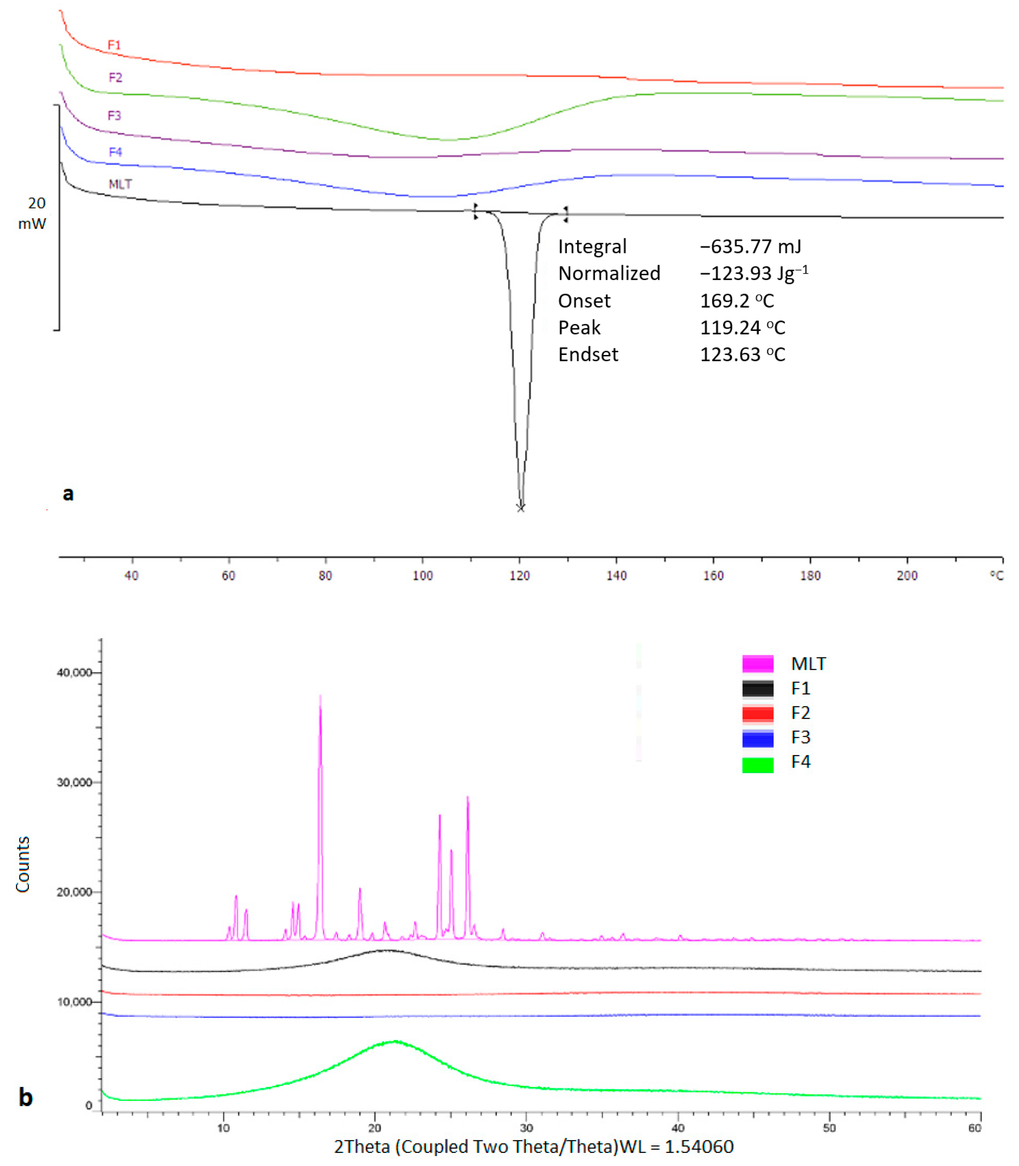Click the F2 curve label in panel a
click(x=115, y=77)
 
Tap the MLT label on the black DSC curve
click(x=120, y=184)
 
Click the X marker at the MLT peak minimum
click(x=520, y=508)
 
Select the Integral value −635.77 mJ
click(x=750, y=246)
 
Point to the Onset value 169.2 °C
click(x=736, y=300)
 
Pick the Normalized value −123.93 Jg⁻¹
click(x=753, y=273)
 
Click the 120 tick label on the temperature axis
click(x=519, y=576)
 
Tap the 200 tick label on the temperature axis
click(x=907, y=576)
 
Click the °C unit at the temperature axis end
click(x=996, y=576)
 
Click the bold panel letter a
click(x=68, y=493)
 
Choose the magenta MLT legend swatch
click(x=757, y=664)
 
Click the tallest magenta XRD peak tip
click(x=320, y=696)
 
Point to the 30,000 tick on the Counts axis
click(x=75, y=783)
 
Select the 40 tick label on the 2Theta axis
click(x=678, y=1127)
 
